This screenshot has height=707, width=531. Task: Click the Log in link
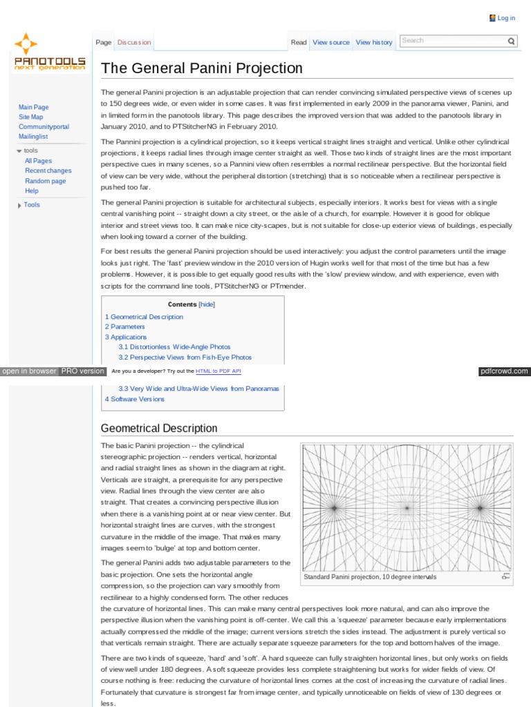(x=506, y=18)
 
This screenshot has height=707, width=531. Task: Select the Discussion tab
(x=133, y=42)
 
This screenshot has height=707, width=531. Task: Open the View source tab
(x=331, y=42)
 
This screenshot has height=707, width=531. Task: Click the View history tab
(x=374, y=42)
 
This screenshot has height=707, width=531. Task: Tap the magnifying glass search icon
(x=512, y=41)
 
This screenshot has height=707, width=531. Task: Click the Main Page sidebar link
(x=33, y=107)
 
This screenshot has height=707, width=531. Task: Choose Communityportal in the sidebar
(x=44, y=127)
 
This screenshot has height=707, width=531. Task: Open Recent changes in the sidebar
(x=48, y=171)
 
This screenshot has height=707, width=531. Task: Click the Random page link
(x=45, y=181)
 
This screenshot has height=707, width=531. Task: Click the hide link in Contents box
(x=207, y=304)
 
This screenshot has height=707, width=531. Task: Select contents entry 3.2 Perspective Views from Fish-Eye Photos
(x=185, y=358)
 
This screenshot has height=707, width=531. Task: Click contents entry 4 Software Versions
(x=135, y=399)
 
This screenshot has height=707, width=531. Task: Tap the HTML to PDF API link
(x=218, y=371)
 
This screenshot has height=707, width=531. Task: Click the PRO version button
(x=82, y=371)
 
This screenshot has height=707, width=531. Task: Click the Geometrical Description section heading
(x=159, y=428)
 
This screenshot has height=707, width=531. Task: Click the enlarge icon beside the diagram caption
(x=506, y=576)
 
